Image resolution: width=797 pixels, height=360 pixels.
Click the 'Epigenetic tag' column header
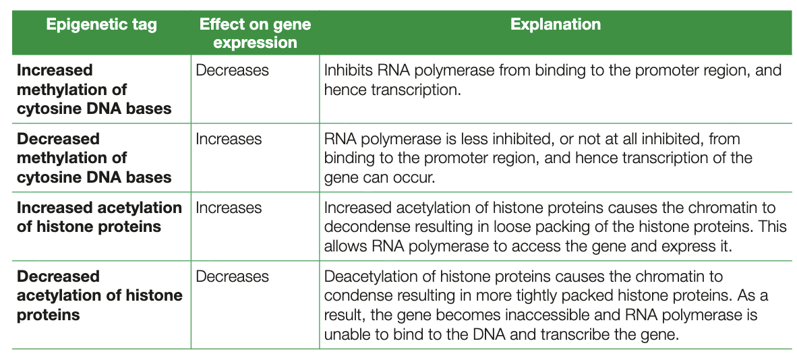pyautogui.click(x=101, y=26)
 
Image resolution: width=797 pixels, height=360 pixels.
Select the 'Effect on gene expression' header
pyautogui.click(x=255, y=34)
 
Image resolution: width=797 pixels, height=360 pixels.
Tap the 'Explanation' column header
pyautogui.click(x=555, y=25)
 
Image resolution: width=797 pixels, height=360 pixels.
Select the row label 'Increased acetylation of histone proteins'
pyautogui.click(x=99, y=217)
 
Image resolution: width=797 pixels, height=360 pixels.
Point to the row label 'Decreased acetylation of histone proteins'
pyautogui.click(x=99, y=295)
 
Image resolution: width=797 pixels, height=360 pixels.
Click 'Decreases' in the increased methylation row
pyautogui.click(x=232, y=70)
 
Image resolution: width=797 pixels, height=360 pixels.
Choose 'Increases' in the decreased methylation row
pyautogui.click(x=229, y=139)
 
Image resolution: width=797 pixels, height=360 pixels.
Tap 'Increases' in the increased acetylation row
pyautogui.click(x=229, y=208)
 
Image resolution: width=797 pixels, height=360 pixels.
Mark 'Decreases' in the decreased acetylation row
pyautogui.click(x=232, y=276)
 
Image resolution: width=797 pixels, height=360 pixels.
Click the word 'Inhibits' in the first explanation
pyautogui.click(x=347, y=71)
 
